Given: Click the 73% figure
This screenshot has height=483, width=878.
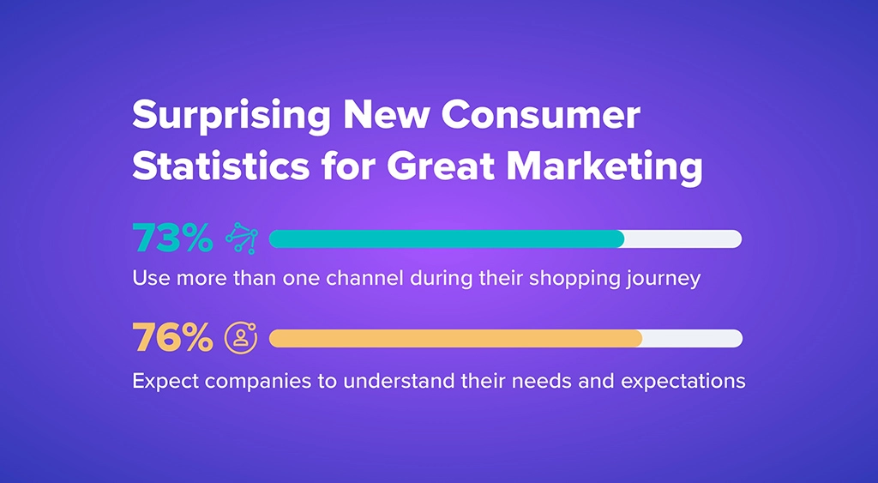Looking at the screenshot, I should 172,239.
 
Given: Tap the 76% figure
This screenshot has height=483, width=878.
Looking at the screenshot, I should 172,338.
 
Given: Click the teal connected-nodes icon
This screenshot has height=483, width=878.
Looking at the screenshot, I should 241,239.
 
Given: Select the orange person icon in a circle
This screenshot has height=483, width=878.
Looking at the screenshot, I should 241,338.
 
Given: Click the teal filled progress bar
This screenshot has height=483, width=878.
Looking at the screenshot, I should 446,239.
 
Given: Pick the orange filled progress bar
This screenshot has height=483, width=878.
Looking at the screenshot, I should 454,338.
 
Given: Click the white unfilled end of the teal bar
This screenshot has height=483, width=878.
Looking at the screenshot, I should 683,239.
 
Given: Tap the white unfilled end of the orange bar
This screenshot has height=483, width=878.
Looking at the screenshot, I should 692,338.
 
